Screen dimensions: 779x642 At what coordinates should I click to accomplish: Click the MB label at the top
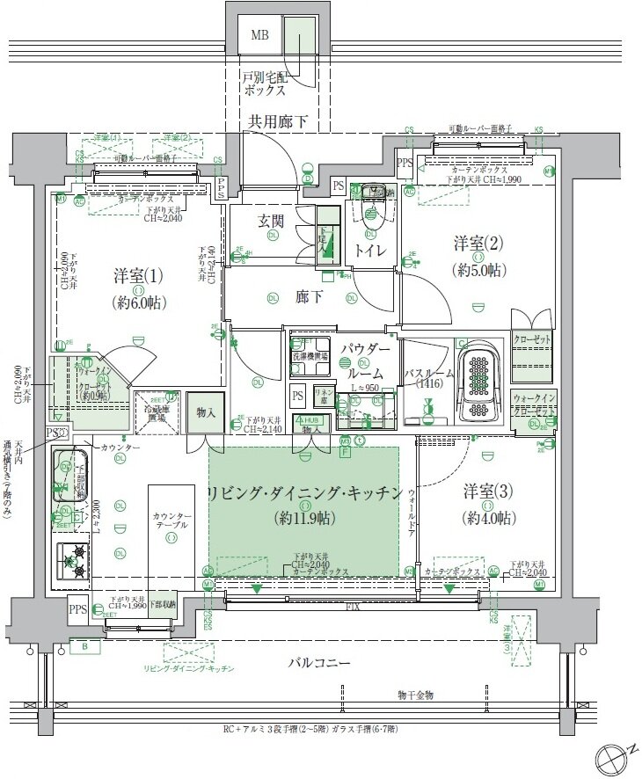pos(259,36)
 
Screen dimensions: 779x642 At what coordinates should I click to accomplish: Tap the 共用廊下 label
pos(277,122)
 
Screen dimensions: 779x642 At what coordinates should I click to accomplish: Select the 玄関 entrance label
pos(270,221)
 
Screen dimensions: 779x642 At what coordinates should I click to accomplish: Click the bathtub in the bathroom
pos(479,382)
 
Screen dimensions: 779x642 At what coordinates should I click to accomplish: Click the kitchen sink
pos(67,477)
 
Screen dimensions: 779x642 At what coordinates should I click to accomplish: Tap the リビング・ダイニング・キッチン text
pos(303,492)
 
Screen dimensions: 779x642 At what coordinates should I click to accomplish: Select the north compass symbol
pos(610,756)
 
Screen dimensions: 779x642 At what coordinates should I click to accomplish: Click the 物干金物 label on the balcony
pos(415,695)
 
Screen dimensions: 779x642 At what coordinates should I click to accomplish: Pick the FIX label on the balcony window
pos(352,607)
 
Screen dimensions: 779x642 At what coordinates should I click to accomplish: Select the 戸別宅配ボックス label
pos(270,84)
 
